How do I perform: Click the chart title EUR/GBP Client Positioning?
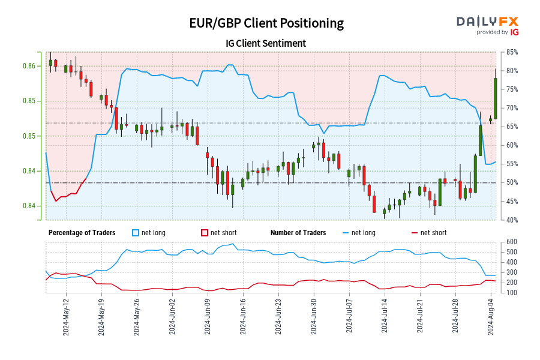[x=266, y=23]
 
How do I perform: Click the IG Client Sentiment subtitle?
[x=266, y=43]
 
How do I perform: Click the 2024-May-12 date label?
[x=65, y=319]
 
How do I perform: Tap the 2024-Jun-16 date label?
[x=242, y=319]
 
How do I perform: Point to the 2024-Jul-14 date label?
[x=384, y=319]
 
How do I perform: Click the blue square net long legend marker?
[x=136, y=233]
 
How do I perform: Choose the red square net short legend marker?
[x=204, y=233]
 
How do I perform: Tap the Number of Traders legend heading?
[x=298, y=233]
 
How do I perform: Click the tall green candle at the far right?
[x=496, y=98]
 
